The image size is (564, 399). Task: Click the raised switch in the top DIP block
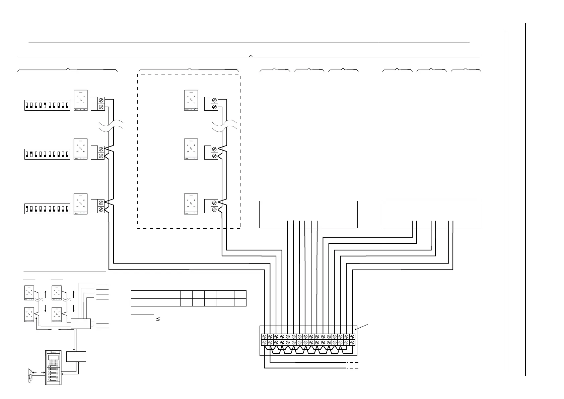coord(45,103)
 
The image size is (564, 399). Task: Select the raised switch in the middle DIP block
coord(31,154)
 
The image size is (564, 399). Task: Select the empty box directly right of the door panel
coord(76,356)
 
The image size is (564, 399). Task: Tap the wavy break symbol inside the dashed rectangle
coord(224,127)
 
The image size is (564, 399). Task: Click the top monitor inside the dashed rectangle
coord(191,100)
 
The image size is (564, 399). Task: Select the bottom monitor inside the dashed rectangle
coord(191,204)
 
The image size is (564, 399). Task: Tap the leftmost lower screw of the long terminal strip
coord(264,342)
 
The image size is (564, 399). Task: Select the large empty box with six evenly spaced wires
coord(308,215)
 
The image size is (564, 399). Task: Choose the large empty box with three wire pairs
coord(432,215)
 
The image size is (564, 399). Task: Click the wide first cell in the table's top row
coord(155,294)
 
